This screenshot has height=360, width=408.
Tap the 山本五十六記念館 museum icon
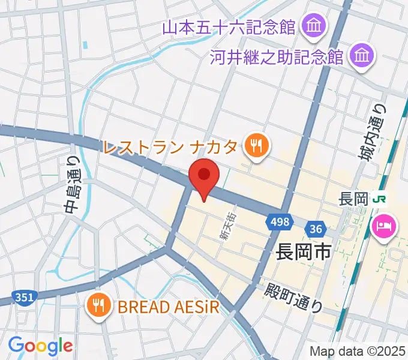tap(314, 26)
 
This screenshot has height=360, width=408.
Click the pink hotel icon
tap(385, 226)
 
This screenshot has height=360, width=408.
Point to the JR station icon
tap(379, 199)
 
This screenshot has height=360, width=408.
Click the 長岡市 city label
tap(304, 251)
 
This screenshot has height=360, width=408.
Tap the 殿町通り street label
tap(293, 296)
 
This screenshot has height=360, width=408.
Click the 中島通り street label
tap(71, 185)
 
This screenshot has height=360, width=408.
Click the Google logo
tap(40, 346)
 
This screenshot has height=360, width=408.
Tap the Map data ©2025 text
tap(356, 351)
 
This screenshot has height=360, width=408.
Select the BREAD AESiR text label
tap(168, 307)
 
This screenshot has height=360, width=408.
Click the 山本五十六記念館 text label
tap(230, 27)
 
